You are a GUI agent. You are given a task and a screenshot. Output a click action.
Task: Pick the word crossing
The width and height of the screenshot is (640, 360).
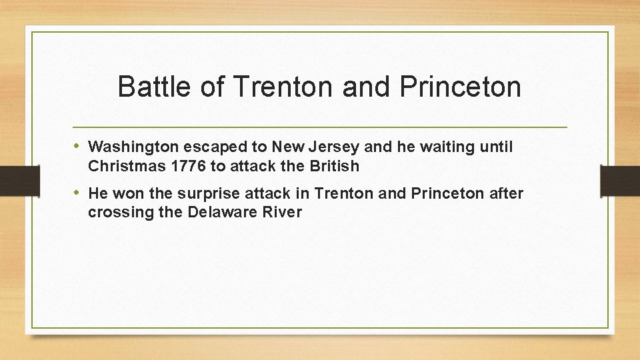[114, 213]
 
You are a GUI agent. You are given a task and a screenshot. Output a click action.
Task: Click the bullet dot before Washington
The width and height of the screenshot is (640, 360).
[77, 145]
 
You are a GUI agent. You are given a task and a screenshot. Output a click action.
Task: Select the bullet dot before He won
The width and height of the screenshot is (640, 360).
[77, 193]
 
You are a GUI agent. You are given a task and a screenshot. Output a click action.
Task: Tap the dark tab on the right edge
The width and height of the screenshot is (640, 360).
[620, 180]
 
